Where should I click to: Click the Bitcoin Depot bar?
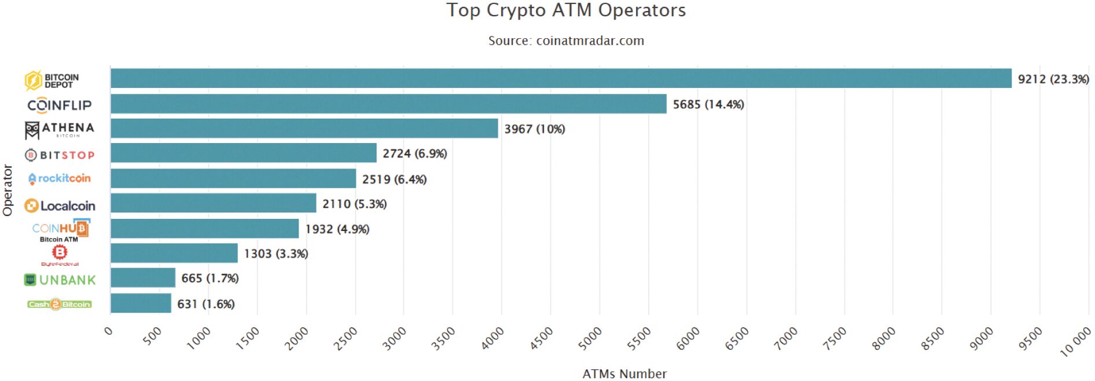click(x=560, y=79)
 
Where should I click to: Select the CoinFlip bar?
click(x=388, y=104)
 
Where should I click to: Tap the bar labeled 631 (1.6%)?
click(x=141, y=303)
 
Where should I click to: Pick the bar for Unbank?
click(x=142, y=278)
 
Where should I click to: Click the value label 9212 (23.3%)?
click(x=1053, y=79)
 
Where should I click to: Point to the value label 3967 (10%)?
click(x=534, y=129)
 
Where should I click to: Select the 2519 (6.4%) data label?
click(x=394, y=179)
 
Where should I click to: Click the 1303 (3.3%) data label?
click(x=275, y=254)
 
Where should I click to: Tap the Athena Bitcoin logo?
click(x=59, y=130)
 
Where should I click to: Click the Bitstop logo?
click(x=59, y=155)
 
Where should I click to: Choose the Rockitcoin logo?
click(x=59, y=178)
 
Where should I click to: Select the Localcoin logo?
click(x=59, y=206)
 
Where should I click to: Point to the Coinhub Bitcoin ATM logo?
click(x=60, y=230)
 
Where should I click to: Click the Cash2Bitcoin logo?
click(x=59, y=304)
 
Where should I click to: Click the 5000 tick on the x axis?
click(x=590, y=338)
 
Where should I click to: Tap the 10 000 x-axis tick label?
click(x=1075, y=341)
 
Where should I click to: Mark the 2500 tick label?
click(x=346, y=338)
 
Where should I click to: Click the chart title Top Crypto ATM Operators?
click(x=565, y=10)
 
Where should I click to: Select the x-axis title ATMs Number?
click(x=624, y=373)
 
